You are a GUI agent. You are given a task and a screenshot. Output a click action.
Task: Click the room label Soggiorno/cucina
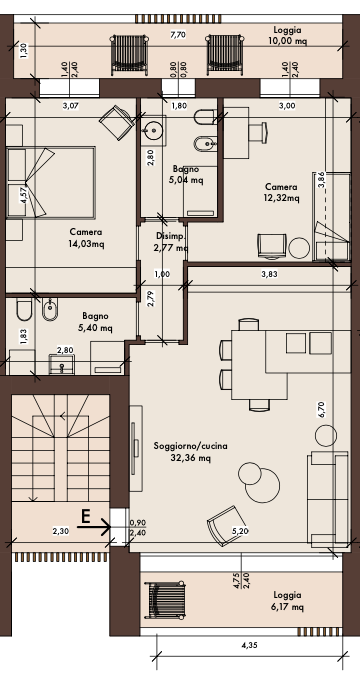pyautogui.click(x=191, y=446)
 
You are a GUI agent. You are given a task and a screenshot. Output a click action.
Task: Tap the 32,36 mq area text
pyautogui.click(x=191, y=458)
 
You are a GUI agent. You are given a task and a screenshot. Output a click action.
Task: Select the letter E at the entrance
pyautogui.click(x=85, y=516)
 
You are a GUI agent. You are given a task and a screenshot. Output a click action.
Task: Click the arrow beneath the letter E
pyautogui.click(x=94, y=526)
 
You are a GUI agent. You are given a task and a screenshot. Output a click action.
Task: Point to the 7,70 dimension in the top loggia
pyautogui.click(x=177, y=35)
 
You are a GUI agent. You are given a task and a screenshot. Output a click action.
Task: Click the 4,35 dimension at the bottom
pyautogui.click(x=250, y=646)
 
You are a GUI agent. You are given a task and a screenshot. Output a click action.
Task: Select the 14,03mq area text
pyautogui.click(x=86, y=245)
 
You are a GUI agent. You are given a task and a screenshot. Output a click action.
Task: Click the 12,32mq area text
pyautogui.click(x=282, y=198)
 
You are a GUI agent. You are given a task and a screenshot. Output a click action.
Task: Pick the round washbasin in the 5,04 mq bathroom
pyautogui.click(x=154, y=130)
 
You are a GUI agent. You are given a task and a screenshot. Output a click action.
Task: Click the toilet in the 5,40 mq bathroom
pyautogui.click(x=24, y=310)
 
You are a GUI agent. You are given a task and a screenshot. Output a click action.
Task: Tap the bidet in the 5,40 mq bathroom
pyautogui.click(x=50, y=309)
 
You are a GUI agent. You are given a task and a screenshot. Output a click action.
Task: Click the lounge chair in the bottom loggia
pyautogui.click(x=165, y=600)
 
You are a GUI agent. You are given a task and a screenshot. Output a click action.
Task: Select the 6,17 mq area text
pyautogui.click(x=287, y=607)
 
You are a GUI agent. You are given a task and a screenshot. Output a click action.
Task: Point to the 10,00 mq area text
pyautogui.click(x=287, y=41)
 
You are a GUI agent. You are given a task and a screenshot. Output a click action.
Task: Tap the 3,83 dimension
pyautogui.click(x=269, y=274)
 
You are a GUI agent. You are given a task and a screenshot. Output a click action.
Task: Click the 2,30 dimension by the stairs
pyautogui.click(x=61, y=531)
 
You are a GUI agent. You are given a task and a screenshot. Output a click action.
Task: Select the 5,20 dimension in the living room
pyautogui.click(x=240, y=531)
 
